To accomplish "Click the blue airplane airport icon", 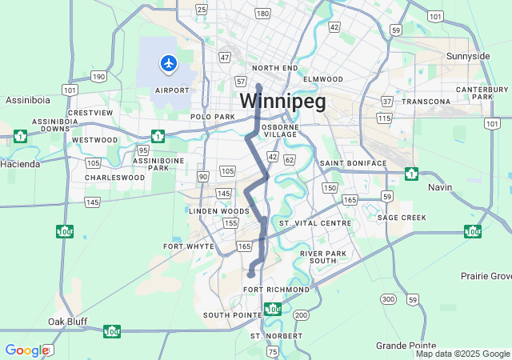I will (x=168, y=62).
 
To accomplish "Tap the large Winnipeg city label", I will (x=282, y=102).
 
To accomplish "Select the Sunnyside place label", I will (x=468, y=56).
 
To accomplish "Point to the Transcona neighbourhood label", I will (x=426, y=102).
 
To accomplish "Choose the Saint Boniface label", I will (x=353, y=163).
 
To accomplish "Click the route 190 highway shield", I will (x=98, y=76).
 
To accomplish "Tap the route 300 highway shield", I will (x=388, y=299).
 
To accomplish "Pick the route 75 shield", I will (x=273, y=351).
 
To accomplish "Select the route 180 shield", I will (x=262, y=14).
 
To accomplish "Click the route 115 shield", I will (x=384, y=118).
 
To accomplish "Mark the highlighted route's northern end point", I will (x=258, y=86).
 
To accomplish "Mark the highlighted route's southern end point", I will (x=250, y=274).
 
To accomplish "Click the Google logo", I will (x=26, y=350).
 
